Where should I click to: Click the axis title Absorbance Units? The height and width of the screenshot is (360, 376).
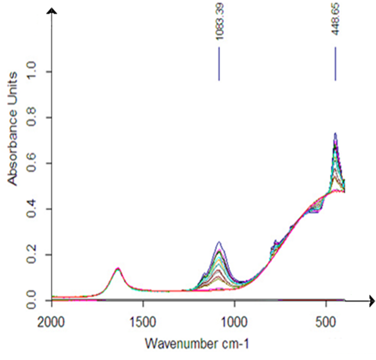point(13,128)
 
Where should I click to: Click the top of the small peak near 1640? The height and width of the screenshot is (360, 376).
point(118,269)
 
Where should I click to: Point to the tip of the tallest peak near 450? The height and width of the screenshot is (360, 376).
point(335,134)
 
